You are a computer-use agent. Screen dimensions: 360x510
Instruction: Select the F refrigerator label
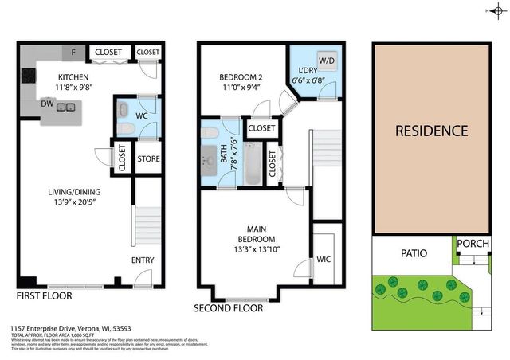74,53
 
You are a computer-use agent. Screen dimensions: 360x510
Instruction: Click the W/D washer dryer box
305,60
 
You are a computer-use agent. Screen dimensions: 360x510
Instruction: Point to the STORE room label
149,159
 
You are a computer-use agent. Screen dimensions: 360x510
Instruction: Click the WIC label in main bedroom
324,259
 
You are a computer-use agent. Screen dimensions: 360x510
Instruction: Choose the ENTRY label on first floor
143,260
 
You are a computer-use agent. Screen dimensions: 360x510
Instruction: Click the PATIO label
410,253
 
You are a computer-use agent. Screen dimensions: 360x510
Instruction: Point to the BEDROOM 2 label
242,77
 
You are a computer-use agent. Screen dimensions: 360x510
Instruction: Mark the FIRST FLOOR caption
45,295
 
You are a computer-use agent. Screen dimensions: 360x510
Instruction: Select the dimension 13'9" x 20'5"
72,202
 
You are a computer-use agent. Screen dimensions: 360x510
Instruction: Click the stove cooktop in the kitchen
27,78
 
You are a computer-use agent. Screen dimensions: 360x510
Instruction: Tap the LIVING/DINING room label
72,191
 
